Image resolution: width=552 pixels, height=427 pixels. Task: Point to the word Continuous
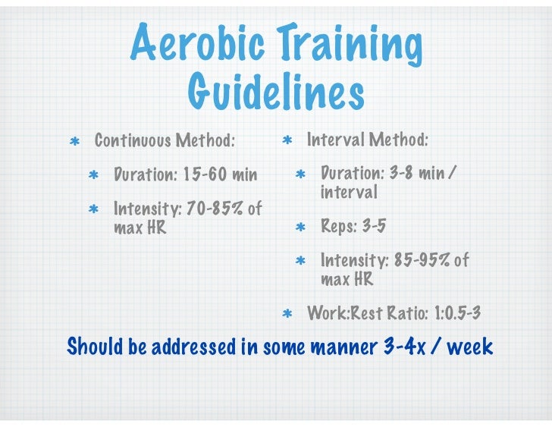coord(132,141)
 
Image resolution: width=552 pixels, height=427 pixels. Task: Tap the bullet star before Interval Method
coord(287,141)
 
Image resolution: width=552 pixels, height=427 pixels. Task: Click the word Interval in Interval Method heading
coord(334,140)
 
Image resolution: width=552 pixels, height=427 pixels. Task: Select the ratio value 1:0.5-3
coord(457,312)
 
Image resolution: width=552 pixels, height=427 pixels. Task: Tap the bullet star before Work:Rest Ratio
coord(287,313)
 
